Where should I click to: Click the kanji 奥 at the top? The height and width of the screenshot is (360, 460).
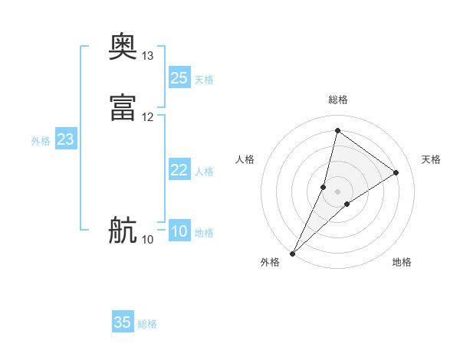tap(123, 48)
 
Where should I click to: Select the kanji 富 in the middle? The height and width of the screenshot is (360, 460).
tap(123, 108)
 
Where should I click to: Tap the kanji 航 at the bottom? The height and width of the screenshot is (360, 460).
tap(123, 231)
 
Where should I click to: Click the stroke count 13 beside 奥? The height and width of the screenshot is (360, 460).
tap(148, 56)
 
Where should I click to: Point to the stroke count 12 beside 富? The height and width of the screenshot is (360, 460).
tap(148, 117)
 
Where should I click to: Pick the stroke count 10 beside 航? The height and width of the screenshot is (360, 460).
tap(148, 240)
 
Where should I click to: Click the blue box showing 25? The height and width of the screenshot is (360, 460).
tap(179, 78)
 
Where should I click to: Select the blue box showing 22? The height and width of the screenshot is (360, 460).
tap(179, 170)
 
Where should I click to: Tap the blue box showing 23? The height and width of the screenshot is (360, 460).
tap(65, 139)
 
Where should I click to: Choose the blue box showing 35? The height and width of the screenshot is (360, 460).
tap(123, 322)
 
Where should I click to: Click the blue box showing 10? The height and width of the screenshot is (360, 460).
tap(179, 231)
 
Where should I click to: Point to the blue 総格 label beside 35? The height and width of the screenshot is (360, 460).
tap(147, 324)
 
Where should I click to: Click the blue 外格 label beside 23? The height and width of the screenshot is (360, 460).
tap(41, 141)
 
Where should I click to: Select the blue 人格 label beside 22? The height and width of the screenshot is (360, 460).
tap(204, 172)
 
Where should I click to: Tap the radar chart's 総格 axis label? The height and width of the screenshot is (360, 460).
tap(338, 100)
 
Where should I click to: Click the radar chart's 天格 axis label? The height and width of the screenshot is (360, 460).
tap(431, 159)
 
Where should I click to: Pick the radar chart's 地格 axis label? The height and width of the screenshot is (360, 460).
tap(402, 262)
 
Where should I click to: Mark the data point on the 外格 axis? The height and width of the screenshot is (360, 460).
tap(292, 253)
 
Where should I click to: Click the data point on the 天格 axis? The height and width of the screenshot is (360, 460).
tap(396, 172)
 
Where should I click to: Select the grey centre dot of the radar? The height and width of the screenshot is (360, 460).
tap(338, 191)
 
